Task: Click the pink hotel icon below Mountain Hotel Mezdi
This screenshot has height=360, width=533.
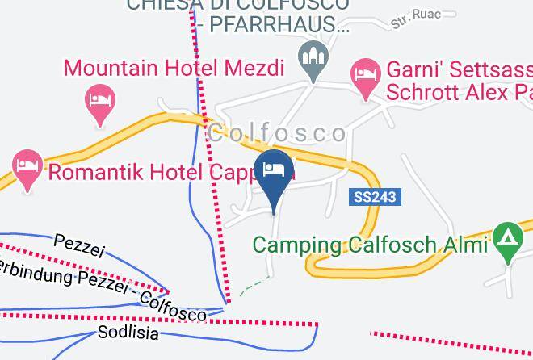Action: tap(100, 102)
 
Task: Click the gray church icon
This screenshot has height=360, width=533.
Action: tap(312, 57)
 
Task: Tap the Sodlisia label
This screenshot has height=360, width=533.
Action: tap(128, 332)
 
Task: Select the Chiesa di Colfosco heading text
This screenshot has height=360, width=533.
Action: tap(239, 5)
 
